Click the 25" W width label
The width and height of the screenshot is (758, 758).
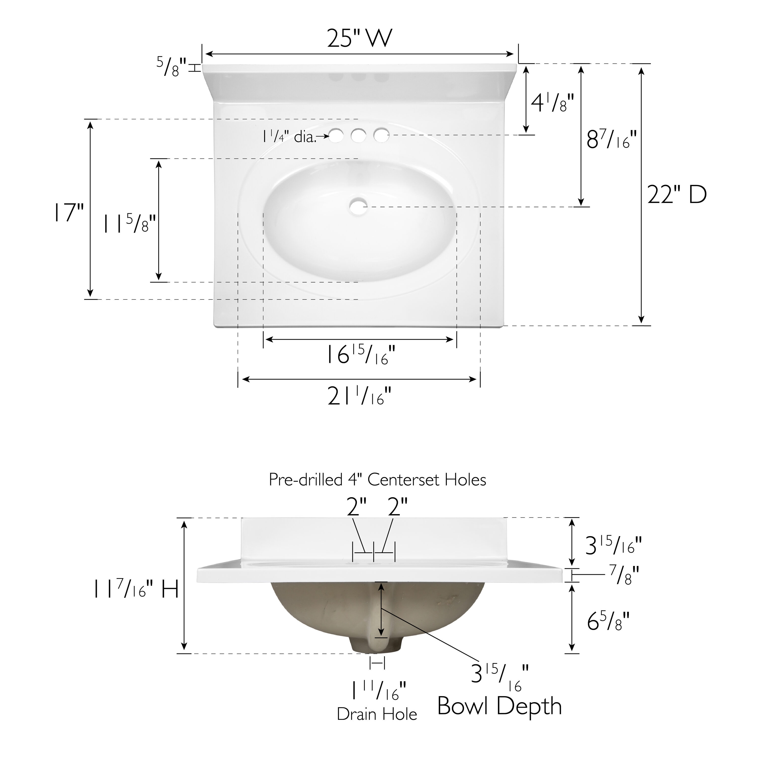point(360,38)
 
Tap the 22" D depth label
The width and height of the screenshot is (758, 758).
point(677,195)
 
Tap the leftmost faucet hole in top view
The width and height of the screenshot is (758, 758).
point(336,136)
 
